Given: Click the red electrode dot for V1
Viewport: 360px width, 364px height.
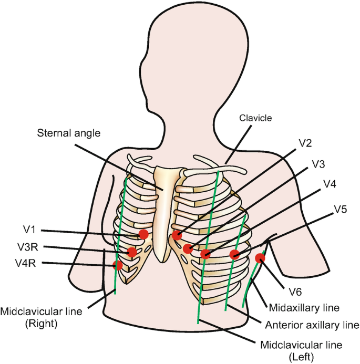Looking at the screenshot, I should [143, 234].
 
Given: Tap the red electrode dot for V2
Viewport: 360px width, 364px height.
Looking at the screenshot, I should [177, 235].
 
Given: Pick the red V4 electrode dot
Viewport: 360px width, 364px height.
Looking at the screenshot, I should [205, 255].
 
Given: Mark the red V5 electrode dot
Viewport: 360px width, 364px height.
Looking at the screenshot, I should [235, 255].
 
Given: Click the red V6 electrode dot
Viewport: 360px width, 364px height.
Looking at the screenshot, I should [260, 258].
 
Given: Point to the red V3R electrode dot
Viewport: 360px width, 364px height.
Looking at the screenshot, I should [131, 252].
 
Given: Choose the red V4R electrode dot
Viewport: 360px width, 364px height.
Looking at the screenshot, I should [118, 265].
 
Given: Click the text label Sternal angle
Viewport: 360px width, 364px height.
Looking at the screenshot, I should [68, 133].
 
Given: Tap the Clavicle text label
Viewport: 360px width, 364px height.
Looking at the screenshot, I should [255, 118].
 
